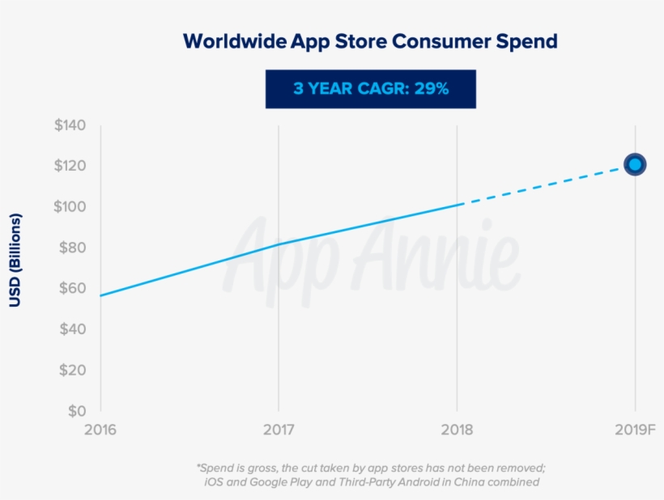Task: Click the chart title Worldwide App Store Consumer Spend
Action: [x=370, y=40]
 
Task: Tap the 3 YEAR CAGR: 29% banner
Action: [x=370, y=89]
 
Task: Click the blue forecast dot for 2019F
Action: [x=635, y=164]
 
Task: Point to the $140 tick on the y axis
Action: [x=70, y=125]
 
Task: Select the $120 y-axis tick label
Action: [x=70, y=166]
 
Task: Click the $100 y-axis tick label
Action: [x=70, y=206]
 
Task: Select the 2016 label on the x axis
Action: [x=100, y=429]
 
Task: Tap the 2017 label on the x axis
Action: [x=279, y=429]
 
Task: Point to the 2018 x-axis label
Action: [x=457, y=429]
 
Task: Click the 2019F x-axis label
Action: [x=635, y=429]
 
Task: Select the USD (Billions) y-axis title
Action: [x=15, y=261]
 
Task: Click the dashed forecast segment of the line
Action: [x=547, y=184]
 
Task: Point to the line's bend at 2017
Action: [x=279, y=244]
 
